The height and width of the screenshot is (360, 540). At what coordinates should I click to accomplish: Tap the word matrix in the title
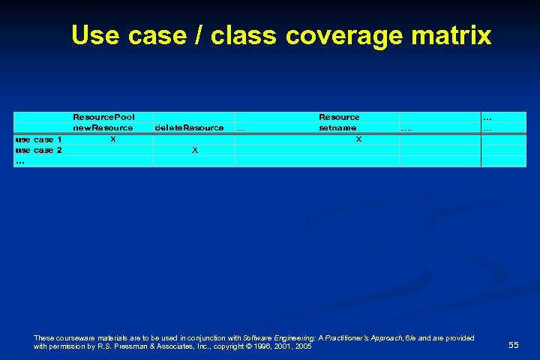click(x=451, y=35)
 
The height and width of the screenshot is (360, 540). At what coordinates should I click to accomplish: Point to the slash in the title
click(x=199, y=35)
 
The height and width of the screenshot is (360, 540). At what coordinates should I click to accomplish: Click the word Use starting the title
click(x=95, y=35)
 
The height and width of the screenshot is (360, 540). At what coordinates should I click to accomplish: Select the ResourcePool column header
click(x=103, y=117)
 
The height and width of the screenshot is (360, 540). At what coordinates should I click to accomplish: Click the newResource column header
click(x=103, y=127)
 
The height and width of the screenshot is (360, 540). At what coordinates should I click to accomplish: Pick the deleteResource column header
click(x=189, y=127)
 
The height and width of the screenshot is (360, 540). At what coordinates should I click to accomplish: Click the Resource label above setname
click(x=339, y=117)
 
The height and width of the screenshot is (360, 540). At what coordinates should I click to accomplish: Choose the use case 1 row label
click(x=39, y=139)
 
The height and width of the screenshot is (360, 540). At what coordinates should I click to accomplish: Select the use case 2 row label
click(x=39, y=150)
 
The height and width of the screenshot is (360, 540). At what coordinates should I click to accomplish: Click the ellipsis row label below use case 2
click(x=20, y=160)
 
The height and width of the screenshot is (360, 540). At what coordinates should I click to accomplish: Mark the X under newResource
click(x=112, y=139)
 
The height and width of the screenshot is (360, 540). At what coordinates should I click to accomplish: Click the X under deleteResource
click(x=195, y=150)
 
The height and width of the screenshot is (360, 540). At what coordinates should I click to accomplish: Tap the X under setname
click(x=358, y=139)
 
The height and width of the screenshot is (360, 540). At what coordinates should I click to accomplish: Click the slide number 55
click(x=513, y=345)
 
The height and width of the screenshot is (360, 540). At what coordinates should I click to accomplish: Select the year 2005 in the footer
click(x=303, y=347)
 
